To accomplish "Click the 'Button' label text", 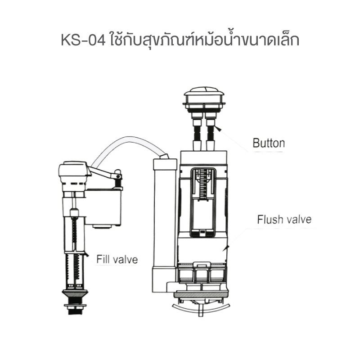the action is [269, 143].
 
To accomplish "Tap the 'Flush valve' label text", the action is [284, 219].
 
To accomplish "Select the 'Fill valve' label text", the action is [117, 260].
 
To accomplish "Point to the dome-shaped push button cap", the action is [204, 96].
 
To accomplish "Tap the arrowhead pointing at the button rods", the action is [218, 128].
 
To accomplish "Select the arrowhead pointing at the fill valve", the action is [86, 254].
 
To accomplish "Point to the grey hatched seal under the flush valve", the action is [201, 294].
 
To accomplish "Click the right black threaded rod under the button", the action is [211, 133].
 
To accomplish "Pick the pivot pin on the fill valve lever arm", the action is [119, 176].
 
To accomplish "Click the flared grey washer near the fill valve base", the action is [75, 293].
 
